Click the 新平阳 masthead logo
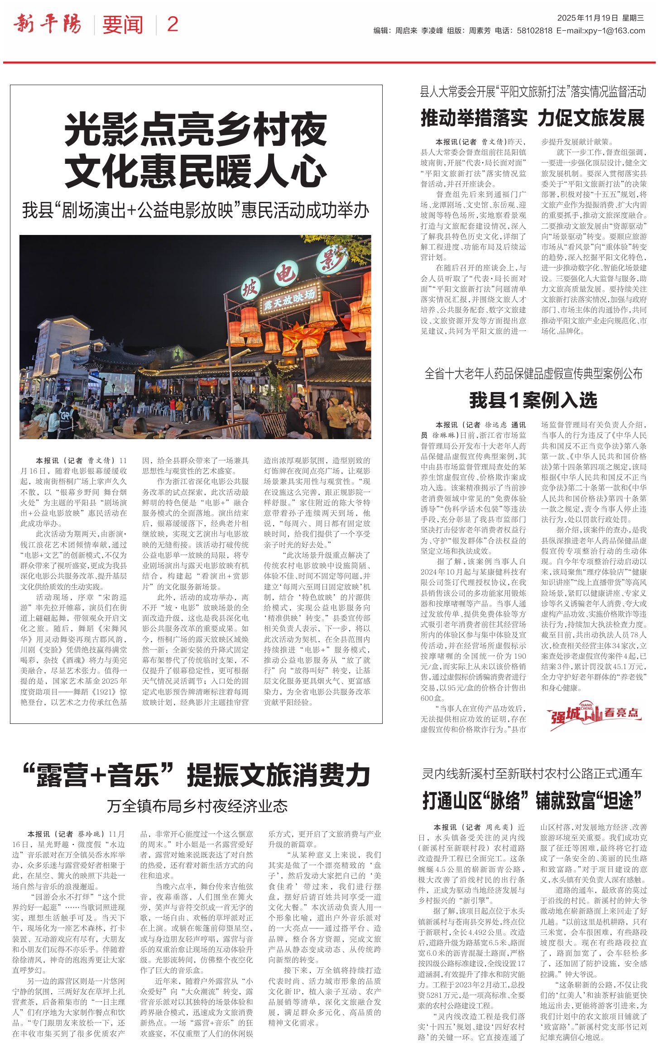coord(48,24)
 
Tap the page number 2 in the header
coord(173,24)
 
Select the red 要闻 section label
coord(122,25)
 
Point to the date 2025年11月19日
coord(587,18)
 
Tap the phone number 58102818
coord(534,31)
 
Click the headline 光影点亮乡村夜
coord(196,129)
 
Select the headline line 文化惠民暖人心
coord(196,171)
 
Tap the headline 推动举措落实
coord(474,118)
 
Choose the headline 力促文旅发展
coord(591,118)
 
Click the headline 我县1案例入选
coord(533,400)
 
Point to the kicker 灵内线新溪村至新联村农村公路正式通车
coord(532,774)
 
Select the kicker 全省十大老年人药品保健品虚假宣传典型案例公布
coord(533,374)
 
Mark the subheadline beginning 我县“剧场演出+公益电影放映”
coord(196,211)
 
